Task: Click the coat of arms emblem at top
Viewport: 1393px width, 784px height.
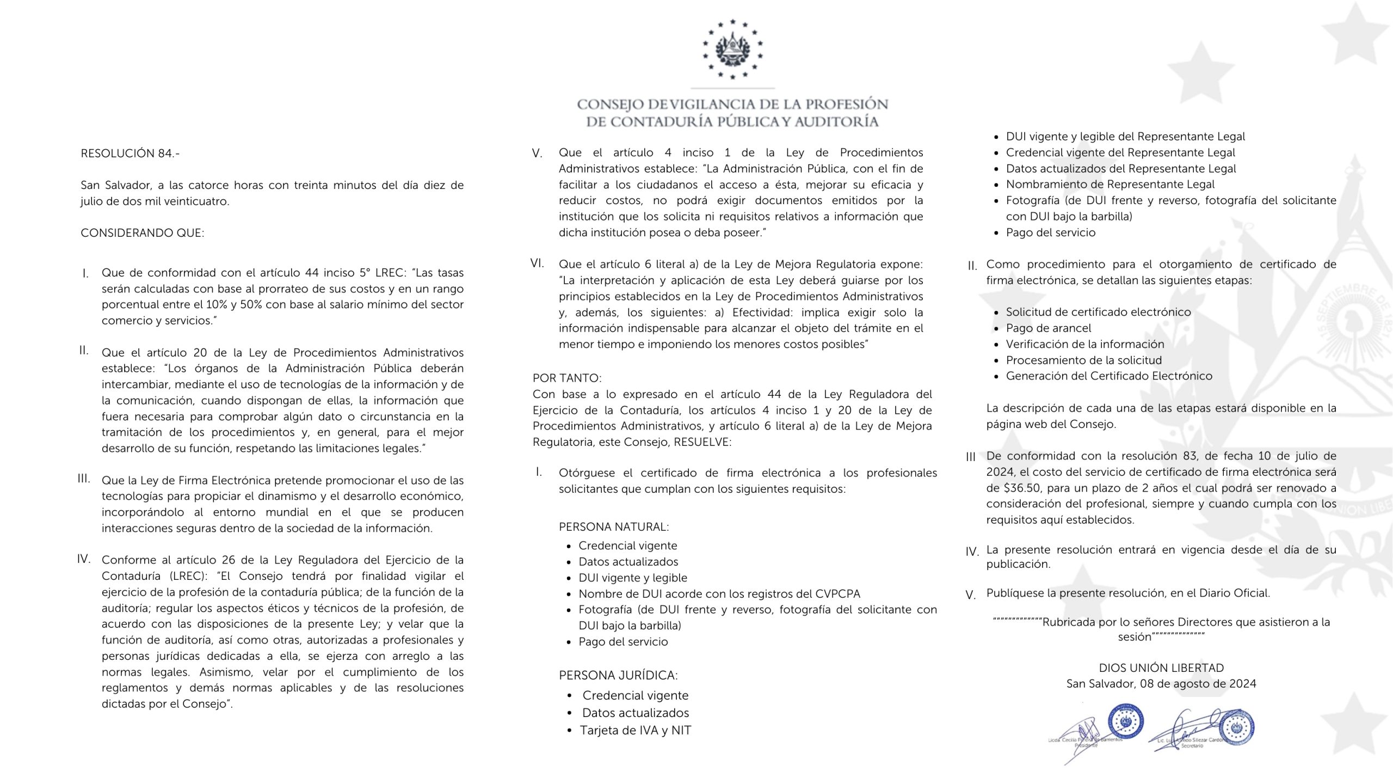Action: (732, 49)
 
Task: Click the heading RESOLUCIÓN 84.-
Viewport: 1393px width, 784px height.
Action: (130, 154)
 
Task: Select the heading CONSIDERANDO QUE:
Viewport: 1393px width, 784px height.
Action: (143, 233)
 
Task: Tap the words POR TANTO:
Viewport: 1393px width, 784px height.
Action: (567, 378)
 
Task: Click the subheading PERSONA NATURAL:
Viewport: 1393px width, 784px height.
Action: (614, 526)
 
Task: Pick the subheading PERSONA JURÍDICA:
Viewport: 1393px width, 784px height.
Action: (618, 675)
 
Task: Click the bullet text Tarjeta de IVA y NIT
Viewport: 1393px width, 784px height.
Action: (636, 730)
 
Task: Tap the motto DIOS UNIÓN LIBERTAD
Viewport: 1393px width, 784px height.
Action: (1161, 667)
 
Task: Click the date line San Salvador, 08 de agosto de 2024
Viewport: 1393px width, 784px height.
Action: (1161, 684)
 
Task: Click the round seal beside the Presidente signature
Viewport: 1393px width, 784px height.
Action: (1126, 722)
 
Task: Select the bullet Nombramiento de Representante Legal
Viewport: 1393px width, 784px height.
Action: (1110, 184)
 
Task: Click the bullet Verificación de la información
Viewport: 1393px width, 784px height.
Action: (1085, 344)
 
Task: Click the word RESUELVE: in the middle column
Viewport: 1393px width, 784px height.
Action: (702, 442)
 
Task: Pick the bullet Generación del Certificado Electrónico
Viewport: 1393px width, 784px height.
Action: (1109, 376)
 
